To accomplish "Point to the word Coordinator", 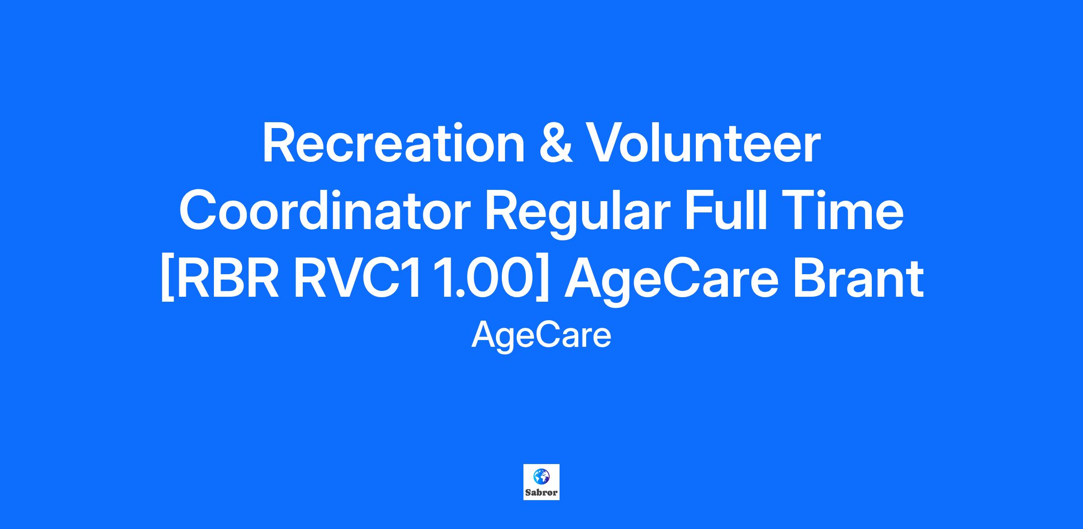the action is click(325, 212).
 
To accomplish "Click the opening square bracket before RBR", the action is click(167, 280).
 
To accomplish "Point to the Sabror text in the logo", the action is click(541, 493).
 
